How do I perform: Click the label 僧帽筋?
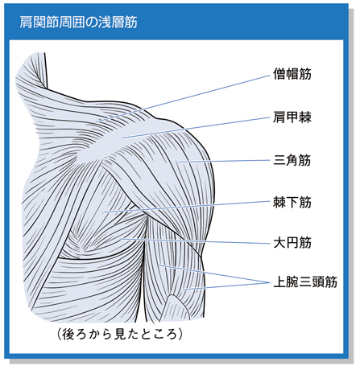tap(292, 74)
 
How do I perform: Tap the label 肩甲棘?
tap(292, 117)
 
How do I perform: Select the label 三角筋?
tap(292, 160)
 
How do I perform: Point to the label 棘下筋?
tap(292, 202)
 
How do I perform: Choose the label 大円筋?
tap(292, 243)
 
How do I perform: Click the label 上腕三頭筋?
tap(305, 282)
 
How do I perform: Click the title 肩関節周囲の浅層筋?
tap(78, 22)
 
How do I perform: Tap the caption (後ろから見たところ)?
tap(120, 334)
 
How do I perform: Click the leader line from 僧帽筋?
tap(183, 98)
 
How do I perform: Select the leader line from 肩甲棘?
tap(196, 128)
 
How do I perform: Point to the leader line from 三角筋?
tap(224, 161)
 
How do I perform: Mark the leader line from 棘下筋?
tap(187, 207)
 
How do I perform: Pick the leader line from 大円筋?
tap(195, 241)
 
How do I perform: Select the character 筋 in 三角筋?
tap(305, 160)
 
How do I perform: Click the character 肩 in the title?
tap(26, 22)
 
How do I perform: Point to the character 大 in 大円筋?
tap(279, 243)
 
